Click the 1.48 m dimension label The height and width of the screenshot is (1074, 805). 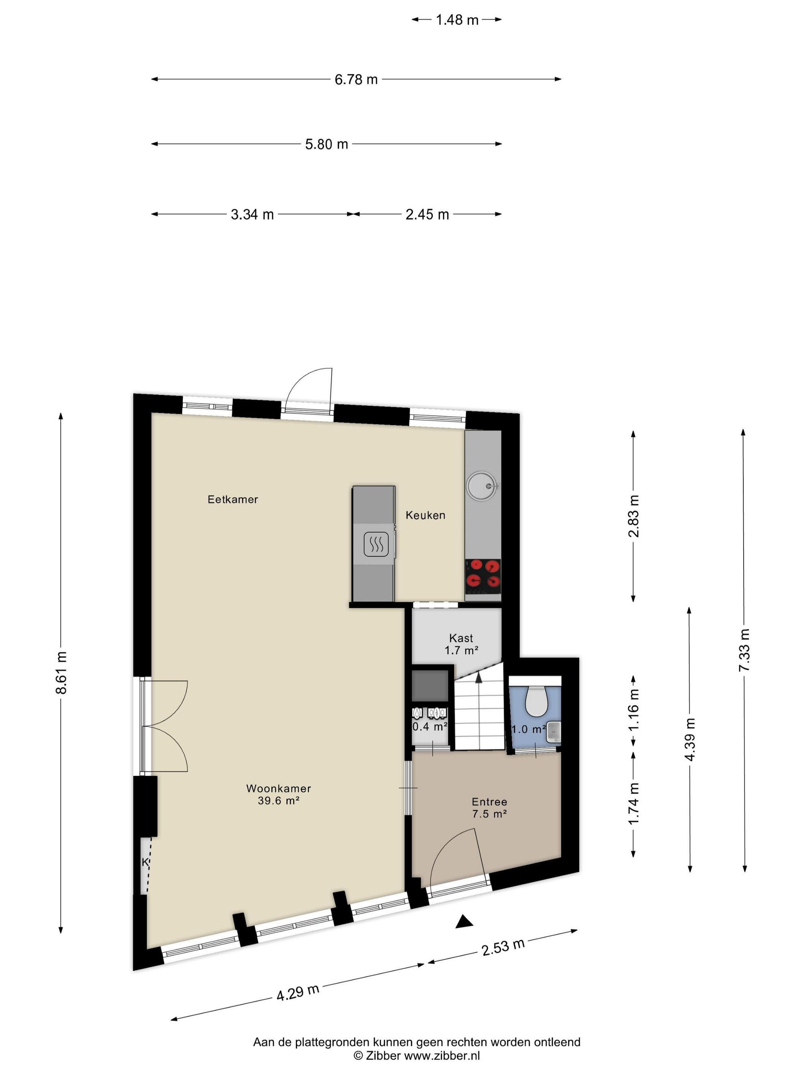click(456, 20)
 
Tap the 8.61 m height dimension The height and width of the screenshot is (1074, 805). click(61, 672)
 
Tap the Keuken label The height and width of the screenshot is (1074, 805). click(425, 515)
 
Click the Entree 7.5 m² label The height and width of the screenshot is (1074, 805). click(489, 807)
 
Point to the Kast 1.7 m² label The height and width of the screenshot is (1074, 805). click(461, 644)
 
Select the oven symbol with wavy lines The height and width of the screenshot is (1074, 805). click(376, 544)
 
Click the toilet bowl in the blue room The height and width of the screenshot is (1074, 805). click(536, 703)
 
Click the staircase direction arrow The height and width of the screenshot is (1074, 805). click(478, 678)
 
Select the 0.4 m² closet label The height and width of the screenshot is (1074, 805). click(429, 726)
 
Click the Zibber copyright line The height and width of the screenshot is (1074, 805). click(416, 1056)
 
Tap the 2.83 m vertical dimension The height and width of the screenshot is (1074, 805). click(633, 516)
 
